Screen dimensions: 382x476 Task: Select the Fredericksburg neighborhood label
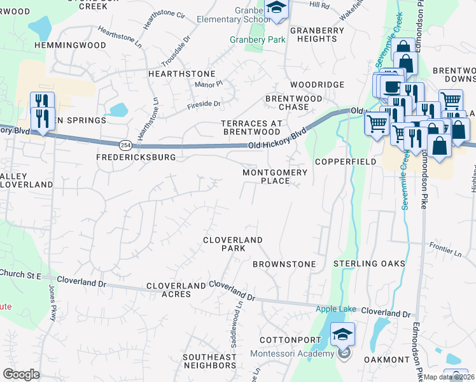pyautogui.click(x=136, y=157)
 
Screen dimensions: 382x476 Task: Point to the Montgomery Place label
pyautogui.click(x=275, y=176)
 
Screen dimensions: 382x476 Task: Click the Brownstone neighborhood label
pyautogui.click(x=284, y=264)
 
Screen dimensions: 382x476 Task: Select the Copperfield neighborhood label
pyautogui.click(x=358, y=162)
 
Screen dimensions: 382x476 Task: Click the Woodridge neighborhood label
pyautogui.click(x=317, y=85)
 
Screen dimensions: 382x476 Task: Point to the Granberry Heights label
pyautogui.click(x=313, y=34)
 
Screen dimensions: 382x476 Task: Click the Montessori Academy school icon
pyautogui.click(x=342, y=334)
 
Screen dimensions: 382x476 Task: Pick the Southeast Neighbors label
pyautogui.click(x=210, y=361)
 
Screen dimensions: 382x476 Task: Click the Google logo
pyautogui.click(x=21, y=374)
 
